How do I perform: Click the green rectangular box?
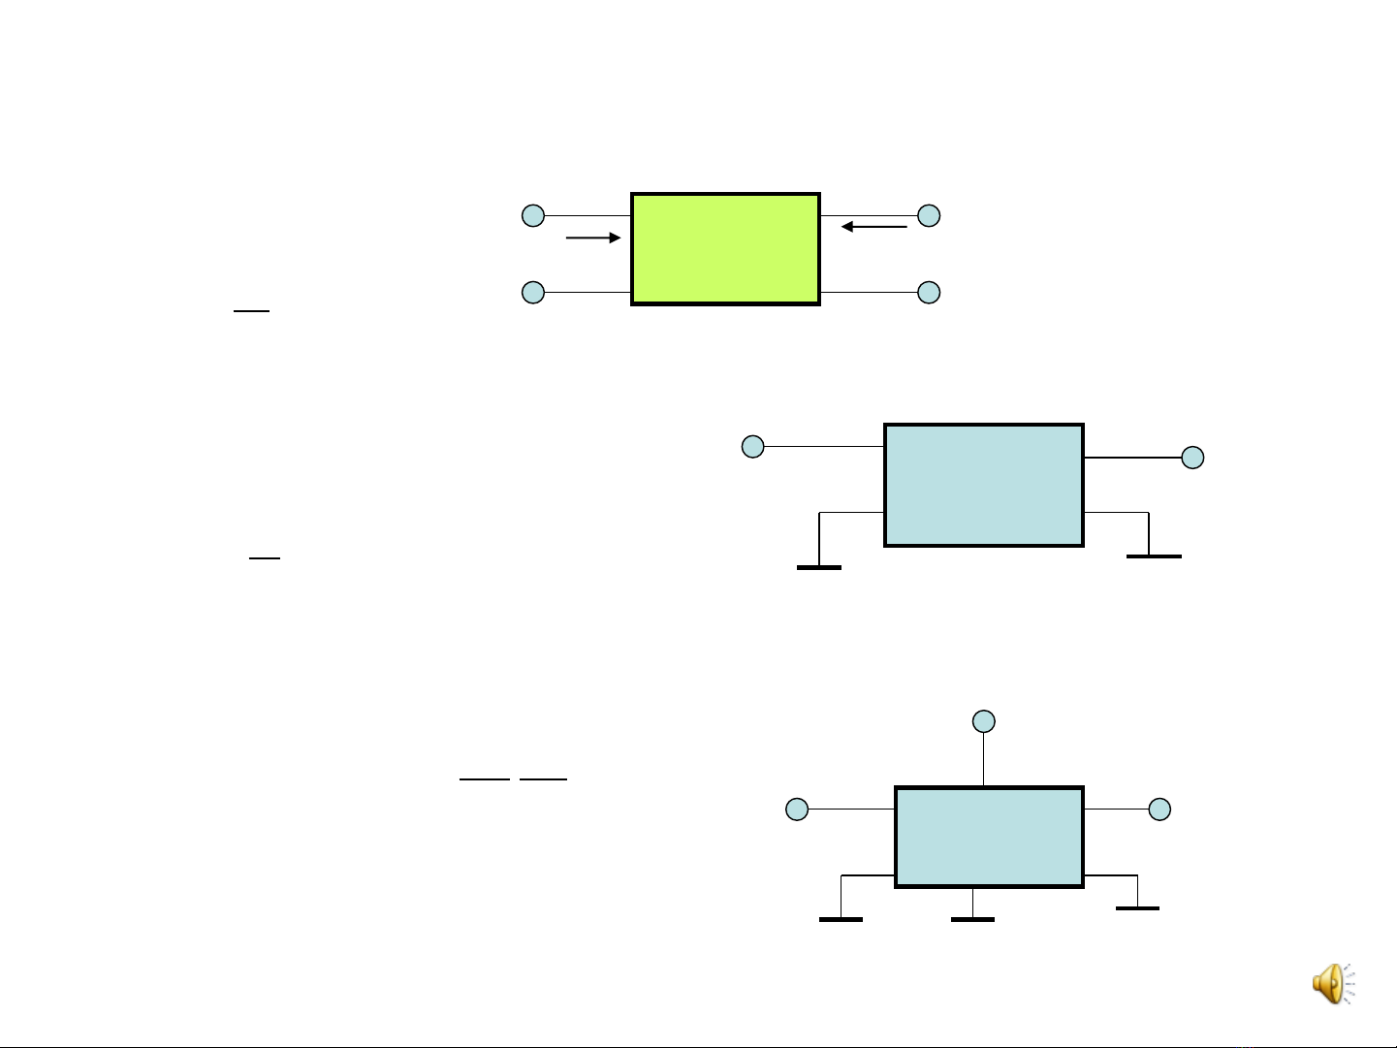click(x=725, y=249)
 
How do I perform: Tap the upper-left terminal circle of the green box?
click(x=533, y=215)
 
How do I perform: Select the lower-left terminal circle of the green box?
click(x=533, y=292)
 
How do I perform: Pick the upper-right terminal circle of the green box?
click(x=929, y=215)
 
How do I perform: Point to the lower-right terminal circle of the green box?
click(x=929, y=292)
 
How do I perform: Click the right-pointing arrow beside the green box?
click(x=592, y=238)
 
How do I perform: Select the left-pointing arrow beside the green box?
click(x=873, y=227)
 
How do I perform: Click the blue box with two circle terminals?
click(x=983, y=485)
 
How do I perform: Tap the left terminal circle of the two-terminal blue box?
click(x=752, y=446)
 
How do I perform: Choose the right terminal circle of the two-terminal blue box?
click(x=1192, y=458)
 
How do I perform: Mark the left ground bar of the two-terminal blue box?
click(x=818, y=567)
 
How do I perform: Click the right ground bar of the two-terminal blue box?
click(x=1154, y=556)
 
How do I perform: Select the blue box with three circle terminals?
click(x=988, y=837)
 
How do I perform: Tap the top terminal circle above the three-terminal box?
click(x=984, y=720)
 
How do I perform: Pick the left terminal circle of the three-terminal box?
click(x=796, y=809)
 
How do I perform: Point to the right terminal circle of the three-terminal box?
click(x=1159, y=809)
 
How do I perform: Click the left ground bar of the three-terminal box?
click(x=841, y=919)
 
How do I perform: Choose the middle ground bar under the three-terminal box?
click(x=972, y=919)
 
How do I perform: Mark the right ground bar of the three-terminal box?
click(x=1137, y=908)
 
